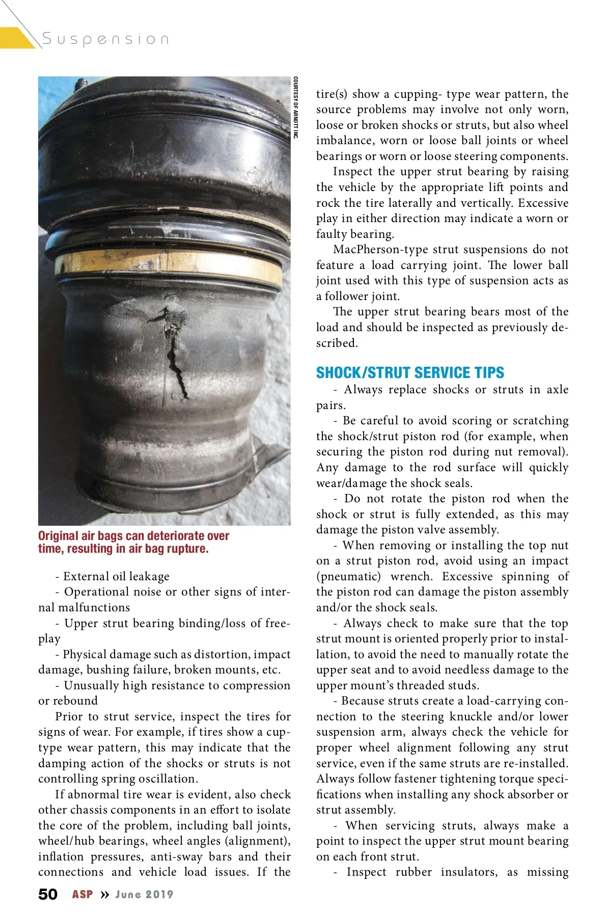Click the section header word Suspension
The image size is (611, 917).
point(105,39)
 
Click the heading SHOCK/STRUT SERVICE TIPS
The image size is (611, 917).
point(410,372)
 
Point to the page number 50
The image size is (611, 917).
point(48,894)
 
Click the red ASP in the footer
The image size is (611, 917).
point(82,894)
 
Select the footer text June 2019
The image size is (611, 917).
point(144,894)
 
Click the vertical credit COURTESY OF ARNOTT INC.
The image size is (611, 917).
point(295,107)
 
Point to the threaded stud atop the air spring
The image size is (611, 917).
point(81,84)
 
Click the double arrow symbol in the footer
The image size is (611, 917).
point(104,895)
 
